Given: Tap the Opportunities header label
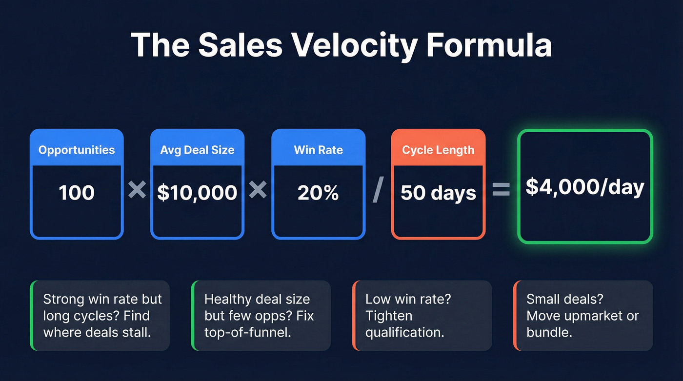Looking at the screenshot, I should coord(77,150).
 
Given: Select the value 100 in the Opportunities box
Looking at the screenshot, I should coord(77,193).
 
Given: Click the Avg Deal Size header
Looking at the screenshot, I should coord(197,150).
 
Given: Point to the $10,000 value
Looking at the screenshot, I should coord(197,193).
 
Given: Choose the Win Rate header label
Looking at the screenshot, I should coord(318,150).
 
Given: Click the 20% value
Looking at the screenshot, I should coord(318,193).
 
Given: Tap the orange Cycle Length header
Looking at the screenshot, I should coord(438,150).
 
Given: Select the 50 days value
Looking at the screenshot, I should coord(438,193).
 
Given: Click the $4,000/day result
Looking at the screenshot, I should coord(585,187).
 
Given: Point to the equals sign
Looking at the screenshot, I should coord(501,190).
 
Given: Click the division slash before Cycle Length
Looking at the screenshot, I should coord(378,191).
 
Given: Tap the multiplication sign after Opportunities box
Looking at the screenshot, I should coord(137,190).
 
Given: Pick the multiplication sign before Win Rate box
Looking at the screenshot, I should coord(258,190).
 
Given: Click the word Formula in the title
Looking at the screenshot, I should coord(489,45).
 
